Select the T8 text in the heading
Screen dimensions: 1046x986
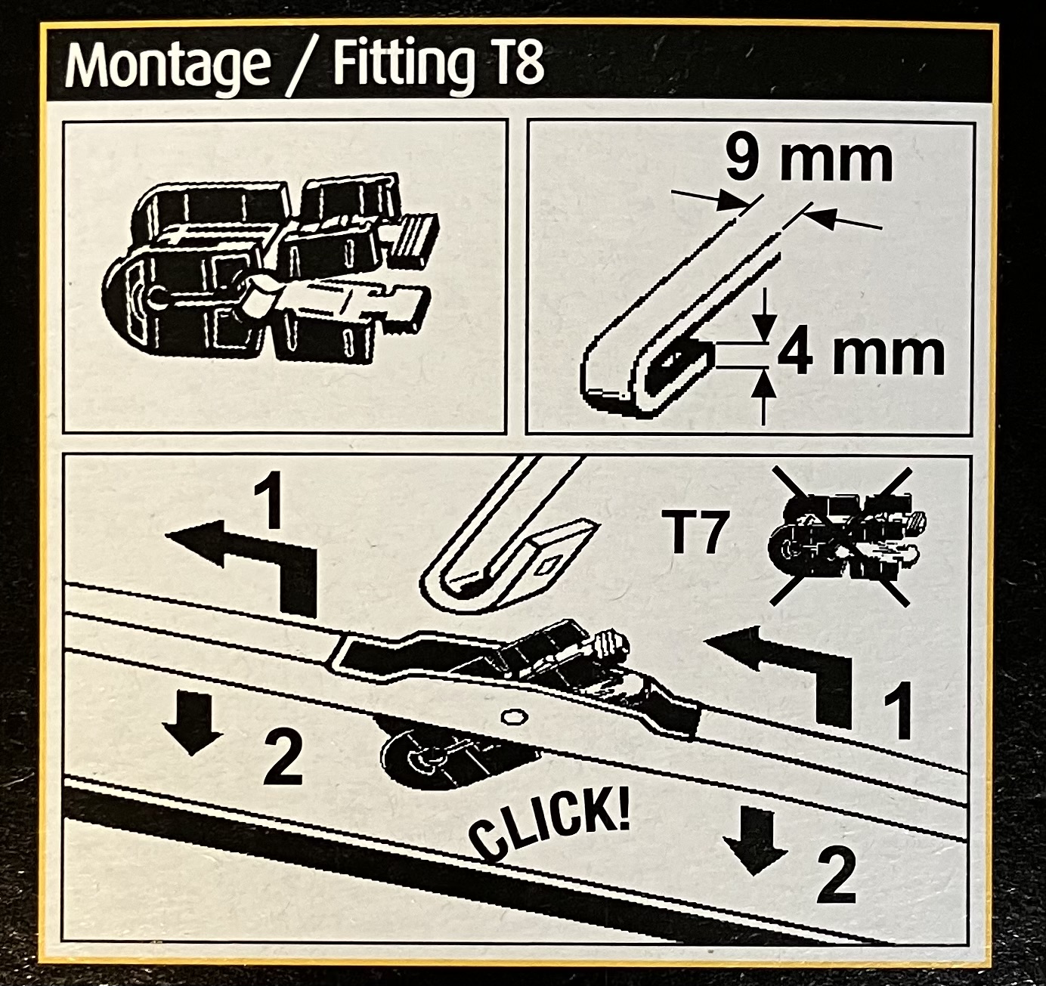511,65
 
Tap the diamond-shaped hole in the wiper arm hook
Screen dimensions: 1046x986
549,565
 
